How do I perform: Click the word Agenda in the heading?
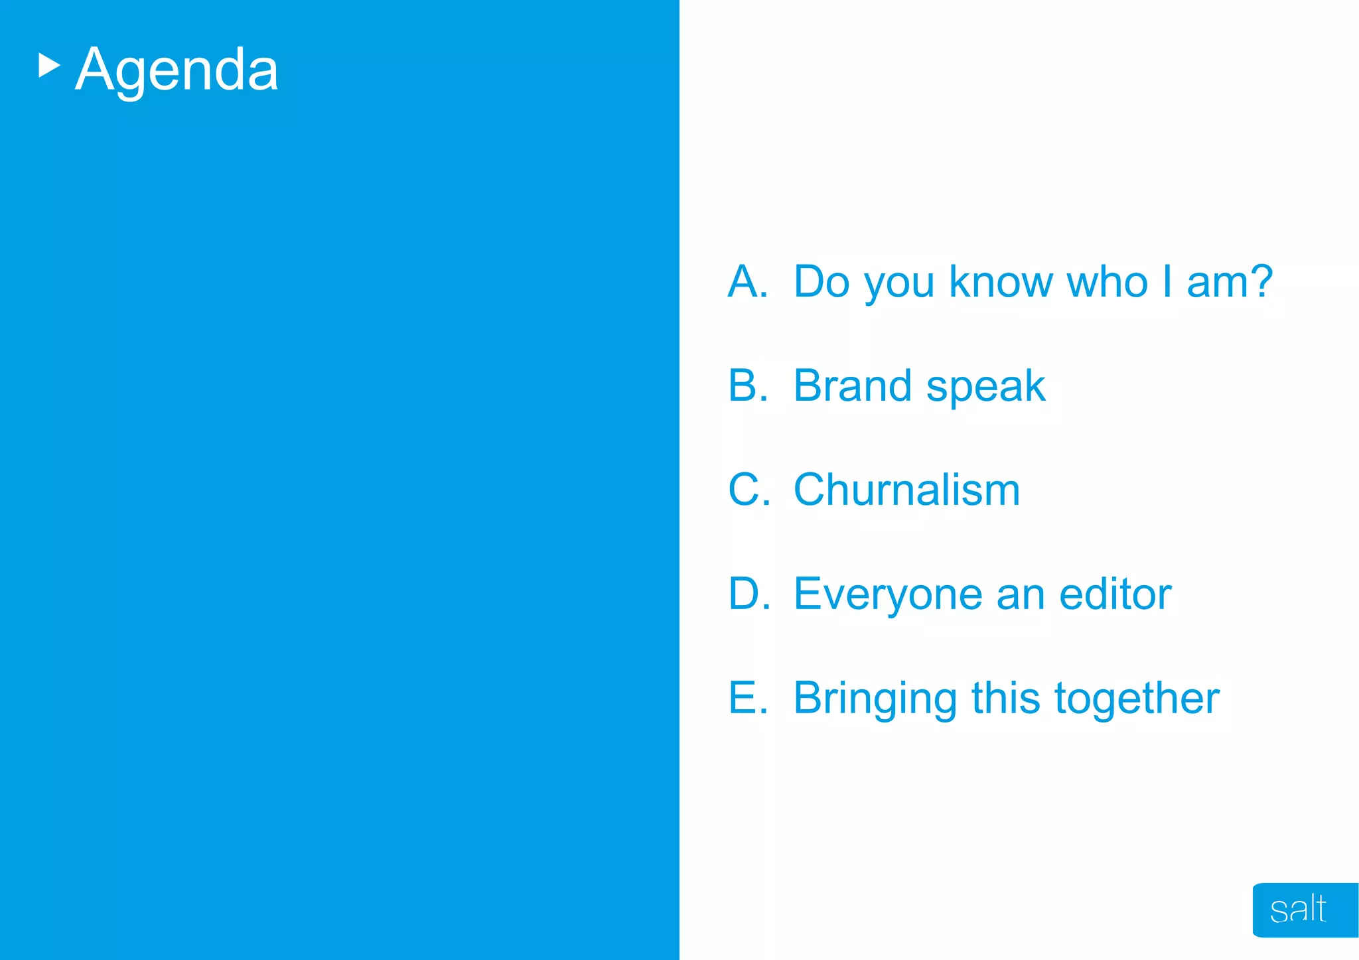[x=177, y=70]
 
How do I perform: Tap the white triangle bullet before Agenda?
[x=48, y=66]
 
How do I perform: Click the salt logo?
[x=1298, y=910]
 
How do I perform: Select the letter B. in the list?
[x=748, y=385]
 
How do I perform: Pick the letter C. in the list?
[x=749, y=490]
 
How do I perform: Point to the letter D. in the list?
[x=749, y=594]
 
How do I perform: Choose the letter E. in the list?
[x=748, y=698]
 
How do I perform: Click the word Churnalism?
[x=906, y=490]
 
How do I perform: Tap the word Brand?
[x=852, y=385]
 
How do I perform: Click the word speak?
[x=985, y=388]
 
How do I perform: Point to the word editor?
[x=1115, y=594]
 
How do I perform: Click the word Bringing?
[x=875, y=700]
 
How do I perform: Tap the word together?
[x=1137, y=699]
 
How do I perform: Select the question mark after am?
[x=1259, y=281]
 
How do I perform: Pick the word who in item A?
[x=1107, y=282]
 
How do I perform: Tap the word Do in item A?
[x=822, y=282]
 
